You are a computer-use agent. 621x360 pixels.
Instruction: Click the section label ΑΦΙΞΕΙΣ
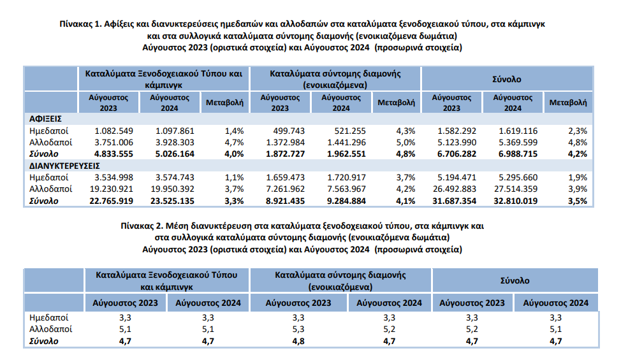[x=44, y=119]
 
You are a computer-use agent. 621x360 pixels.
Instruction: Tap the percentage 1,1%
[x=235, y=178]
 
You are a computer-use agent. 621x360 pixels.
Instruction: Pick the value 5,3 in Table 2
[x=298, y=329]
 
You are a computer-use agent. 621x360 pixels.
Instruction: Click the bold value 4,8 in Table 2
[x=298, y=342]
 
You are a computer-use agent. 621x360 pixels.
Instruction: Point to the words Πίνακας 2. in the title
[x=140, y=226]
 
